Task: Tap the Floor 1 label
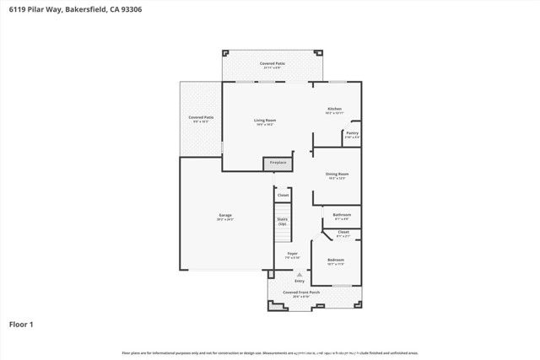(x=20, y=323)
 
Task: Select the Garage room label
(x=225, y=216)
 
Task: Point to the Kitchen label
(x=334, y=110)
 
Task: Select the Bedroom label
(x=336, y=260)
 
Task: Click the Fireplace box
(x=278, y=162)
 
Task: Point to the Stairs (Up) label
(x=282, y=222)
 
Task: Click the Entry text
(x=300, y=281)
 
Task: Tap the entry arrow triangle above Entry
(x=300, y=274)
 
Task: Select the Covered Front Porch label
(x=301, y=292)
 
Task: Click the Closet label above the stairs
(x=283, y=196)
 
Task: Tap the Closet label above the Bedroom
(x=343, y=232)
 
